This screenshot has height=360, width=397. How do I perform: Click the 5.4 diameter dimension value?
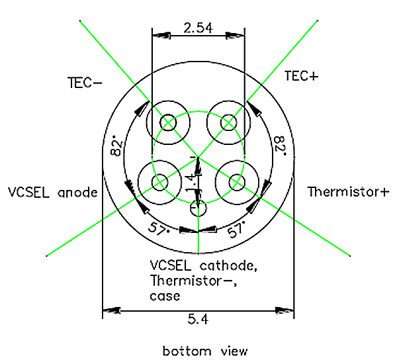[x=198, y=320]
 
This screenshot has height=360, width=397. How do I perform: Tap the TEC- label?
[x=84, y=83]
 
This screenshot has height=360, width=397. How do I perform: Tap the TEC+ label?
[x=301, y=76]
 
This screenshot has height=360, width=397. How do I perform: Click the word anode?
[x=77, y=193]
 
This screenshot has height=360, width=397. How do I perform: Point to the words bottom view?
[x=205, y=349]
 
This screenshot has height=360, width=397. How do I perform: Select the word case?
[x=165, y=296]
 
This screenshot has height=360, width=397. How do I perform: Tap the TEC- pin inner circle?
[x=168, y=123]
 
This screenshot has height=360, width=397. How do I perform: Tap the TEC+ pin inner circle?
[x=229, y=123]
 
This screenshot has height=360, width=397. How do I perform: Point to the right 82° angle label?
[x=280, y=145]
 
